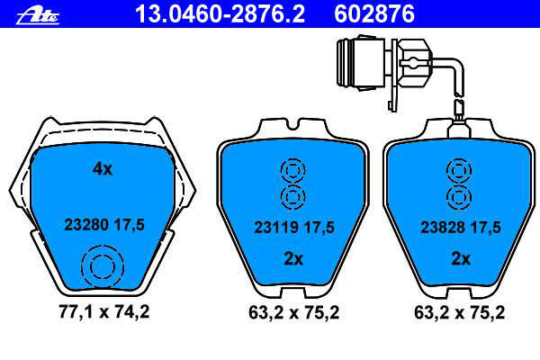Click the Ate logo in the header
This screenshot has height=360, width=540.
tap(38, 16)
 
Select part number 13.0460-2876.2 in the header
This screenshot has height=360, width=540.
tap(220, 13)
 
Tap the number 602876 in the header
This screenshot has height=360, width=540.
tap(374, 13)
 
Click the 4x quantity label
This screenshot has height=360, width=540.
tap(103, 169)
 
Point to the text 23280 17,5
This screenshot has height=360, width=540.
tap(104, 225)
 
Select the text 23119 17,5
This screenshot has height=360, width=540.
tap(294, 228)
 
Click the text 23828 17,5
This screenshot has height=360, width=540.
tap(461, 228)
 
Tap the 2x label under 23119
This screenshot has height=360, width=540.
tap(293, 258)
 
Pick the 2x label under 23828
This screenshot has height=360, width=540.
tap(461, 258)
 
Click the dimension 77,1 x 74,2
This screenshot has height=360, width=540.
tap(104, 312)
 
